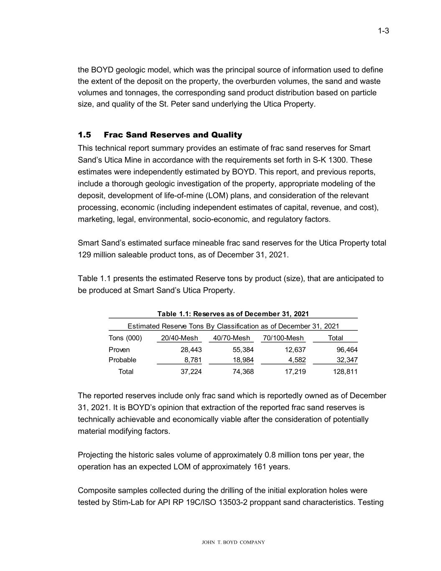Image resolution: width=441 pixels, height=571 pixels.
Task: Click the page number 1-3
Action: pyautogui.click(x=383, y=31)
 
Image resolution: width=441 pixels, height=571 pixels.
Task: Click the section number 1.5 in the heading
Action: pyautogui.click(x=84, y=135)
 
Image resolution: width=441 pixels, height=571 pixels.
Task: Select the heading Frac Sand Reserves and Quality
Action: pyautogui.click(x=173, y=135)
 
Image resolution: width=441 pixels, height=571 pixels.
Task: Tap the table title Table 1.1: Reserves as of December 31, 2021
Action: pyautogui.click(x=233, y=314)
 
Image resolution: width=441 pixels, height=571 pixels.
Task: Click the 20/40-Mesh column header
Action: pyautogui.click(x=179, y=338)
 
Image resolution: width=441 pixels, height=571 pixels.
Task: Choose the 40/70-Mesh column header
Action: pyautogui.click(x=231, y=338)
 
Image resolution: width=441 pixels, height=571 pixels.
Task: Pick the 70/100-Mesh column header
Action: pyautogui.click(x=283, y=338)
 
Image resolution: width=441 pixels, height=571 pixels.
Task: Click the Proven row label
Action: pyautogui.click(x=119, y=350)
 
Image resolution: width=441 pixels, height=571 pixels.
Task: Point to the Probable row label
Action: pyautogui.click(x=122, y=360)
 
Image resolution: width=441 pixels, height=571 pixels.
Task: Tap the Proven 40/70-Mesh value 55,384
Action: pyautogui.click(x=243, y=350)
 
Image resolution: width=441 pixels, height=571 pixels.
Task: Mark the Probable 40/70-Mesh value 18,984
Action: pyautogui.click(x=243, y=360)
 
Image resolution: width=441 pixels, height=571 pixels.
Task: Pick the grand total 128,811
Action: pyautogui.click(x=345, y=371)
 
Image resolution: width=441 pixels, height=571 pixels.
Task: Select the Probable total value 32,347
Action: pyautogui.click(x=347, y=360)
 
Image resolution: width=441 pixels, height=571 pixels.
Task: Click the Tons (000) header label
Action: pyautogui.click(x=125, y=338)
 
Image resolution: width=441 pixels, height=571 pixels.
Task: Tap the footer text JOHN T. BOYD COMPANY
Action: pyautogui.click(x=233, y=543)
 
